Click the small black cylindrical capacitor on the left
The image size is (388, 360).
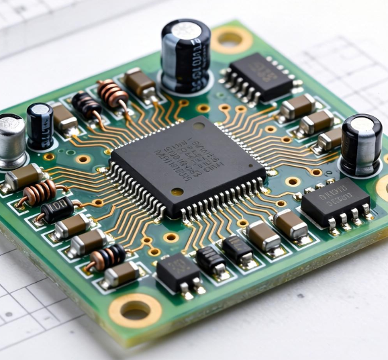point(40,126)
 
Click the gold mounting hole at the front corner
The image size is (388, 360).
point(136,310)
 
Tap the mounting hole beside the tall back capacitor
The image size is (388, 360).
point(230,39)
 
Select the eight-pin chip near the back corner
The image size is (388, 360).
point(260,77)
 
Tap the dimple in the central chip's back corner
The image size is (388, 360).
point(199,126)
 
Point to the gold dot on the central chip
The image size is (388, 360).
point(176,191)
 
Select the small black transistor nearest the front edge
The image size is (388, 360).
point(179,272)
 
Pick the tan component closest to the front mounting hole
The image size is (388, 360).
point(121,274)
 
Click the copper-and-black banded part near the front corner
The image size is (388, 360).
point(107,256)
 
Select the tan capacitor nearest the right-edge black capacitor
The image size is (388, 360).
point(330,140)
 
